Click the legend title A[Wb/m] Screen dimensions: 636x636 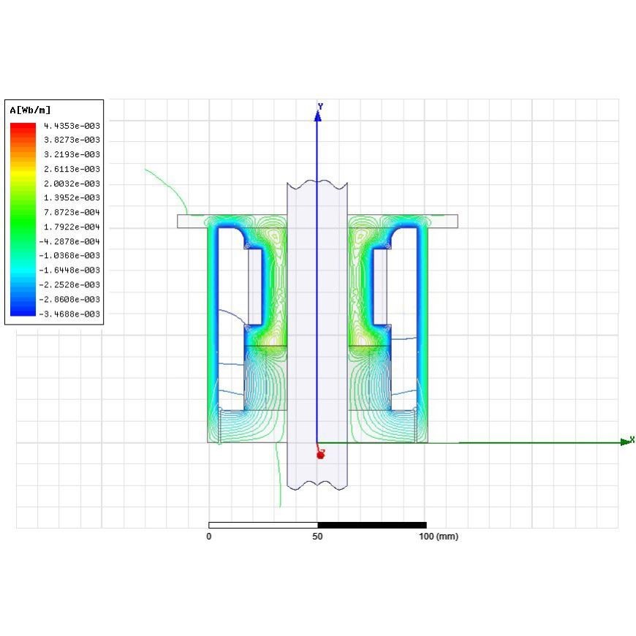tap(30, 110)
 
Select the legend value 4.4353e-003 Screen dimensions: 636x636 tap(72, 126)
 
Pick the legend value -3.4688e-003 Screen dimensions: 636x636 tap(69, 314)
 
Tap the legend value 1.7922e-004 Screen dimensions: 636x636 tap(72, 227)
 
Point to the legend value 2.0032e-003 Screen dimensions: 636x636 tap(72, 183)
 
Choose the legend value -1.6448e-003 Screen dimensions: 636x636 tap(69, 270)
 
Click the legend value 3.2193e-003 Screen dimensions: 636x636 tap(72, 154)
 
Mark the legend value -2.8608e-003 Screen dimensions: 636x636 tap(69, 299)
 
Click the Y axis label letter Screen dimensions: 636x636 tap(320, 107)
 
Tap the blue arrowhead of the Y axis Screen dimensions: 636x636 tap(318, 116)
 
